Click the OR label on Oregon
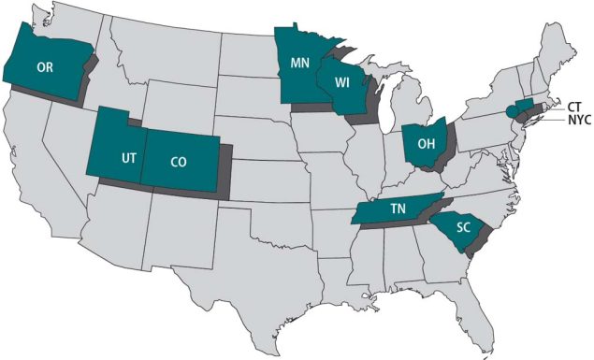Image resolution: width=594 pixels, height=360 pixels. [44, 67]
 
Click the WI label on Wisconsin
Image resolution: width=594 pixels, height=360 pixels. [343, 81]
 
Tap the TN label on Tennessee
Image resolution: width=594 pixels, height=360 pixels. [396, 210]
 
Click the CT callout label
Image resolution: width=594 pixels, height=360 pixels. [575, 106]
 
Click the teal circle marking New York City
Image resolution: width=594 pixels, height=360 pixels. [511, 110]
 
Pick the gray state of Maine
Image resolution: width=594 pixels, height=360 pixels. [562, 42]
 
